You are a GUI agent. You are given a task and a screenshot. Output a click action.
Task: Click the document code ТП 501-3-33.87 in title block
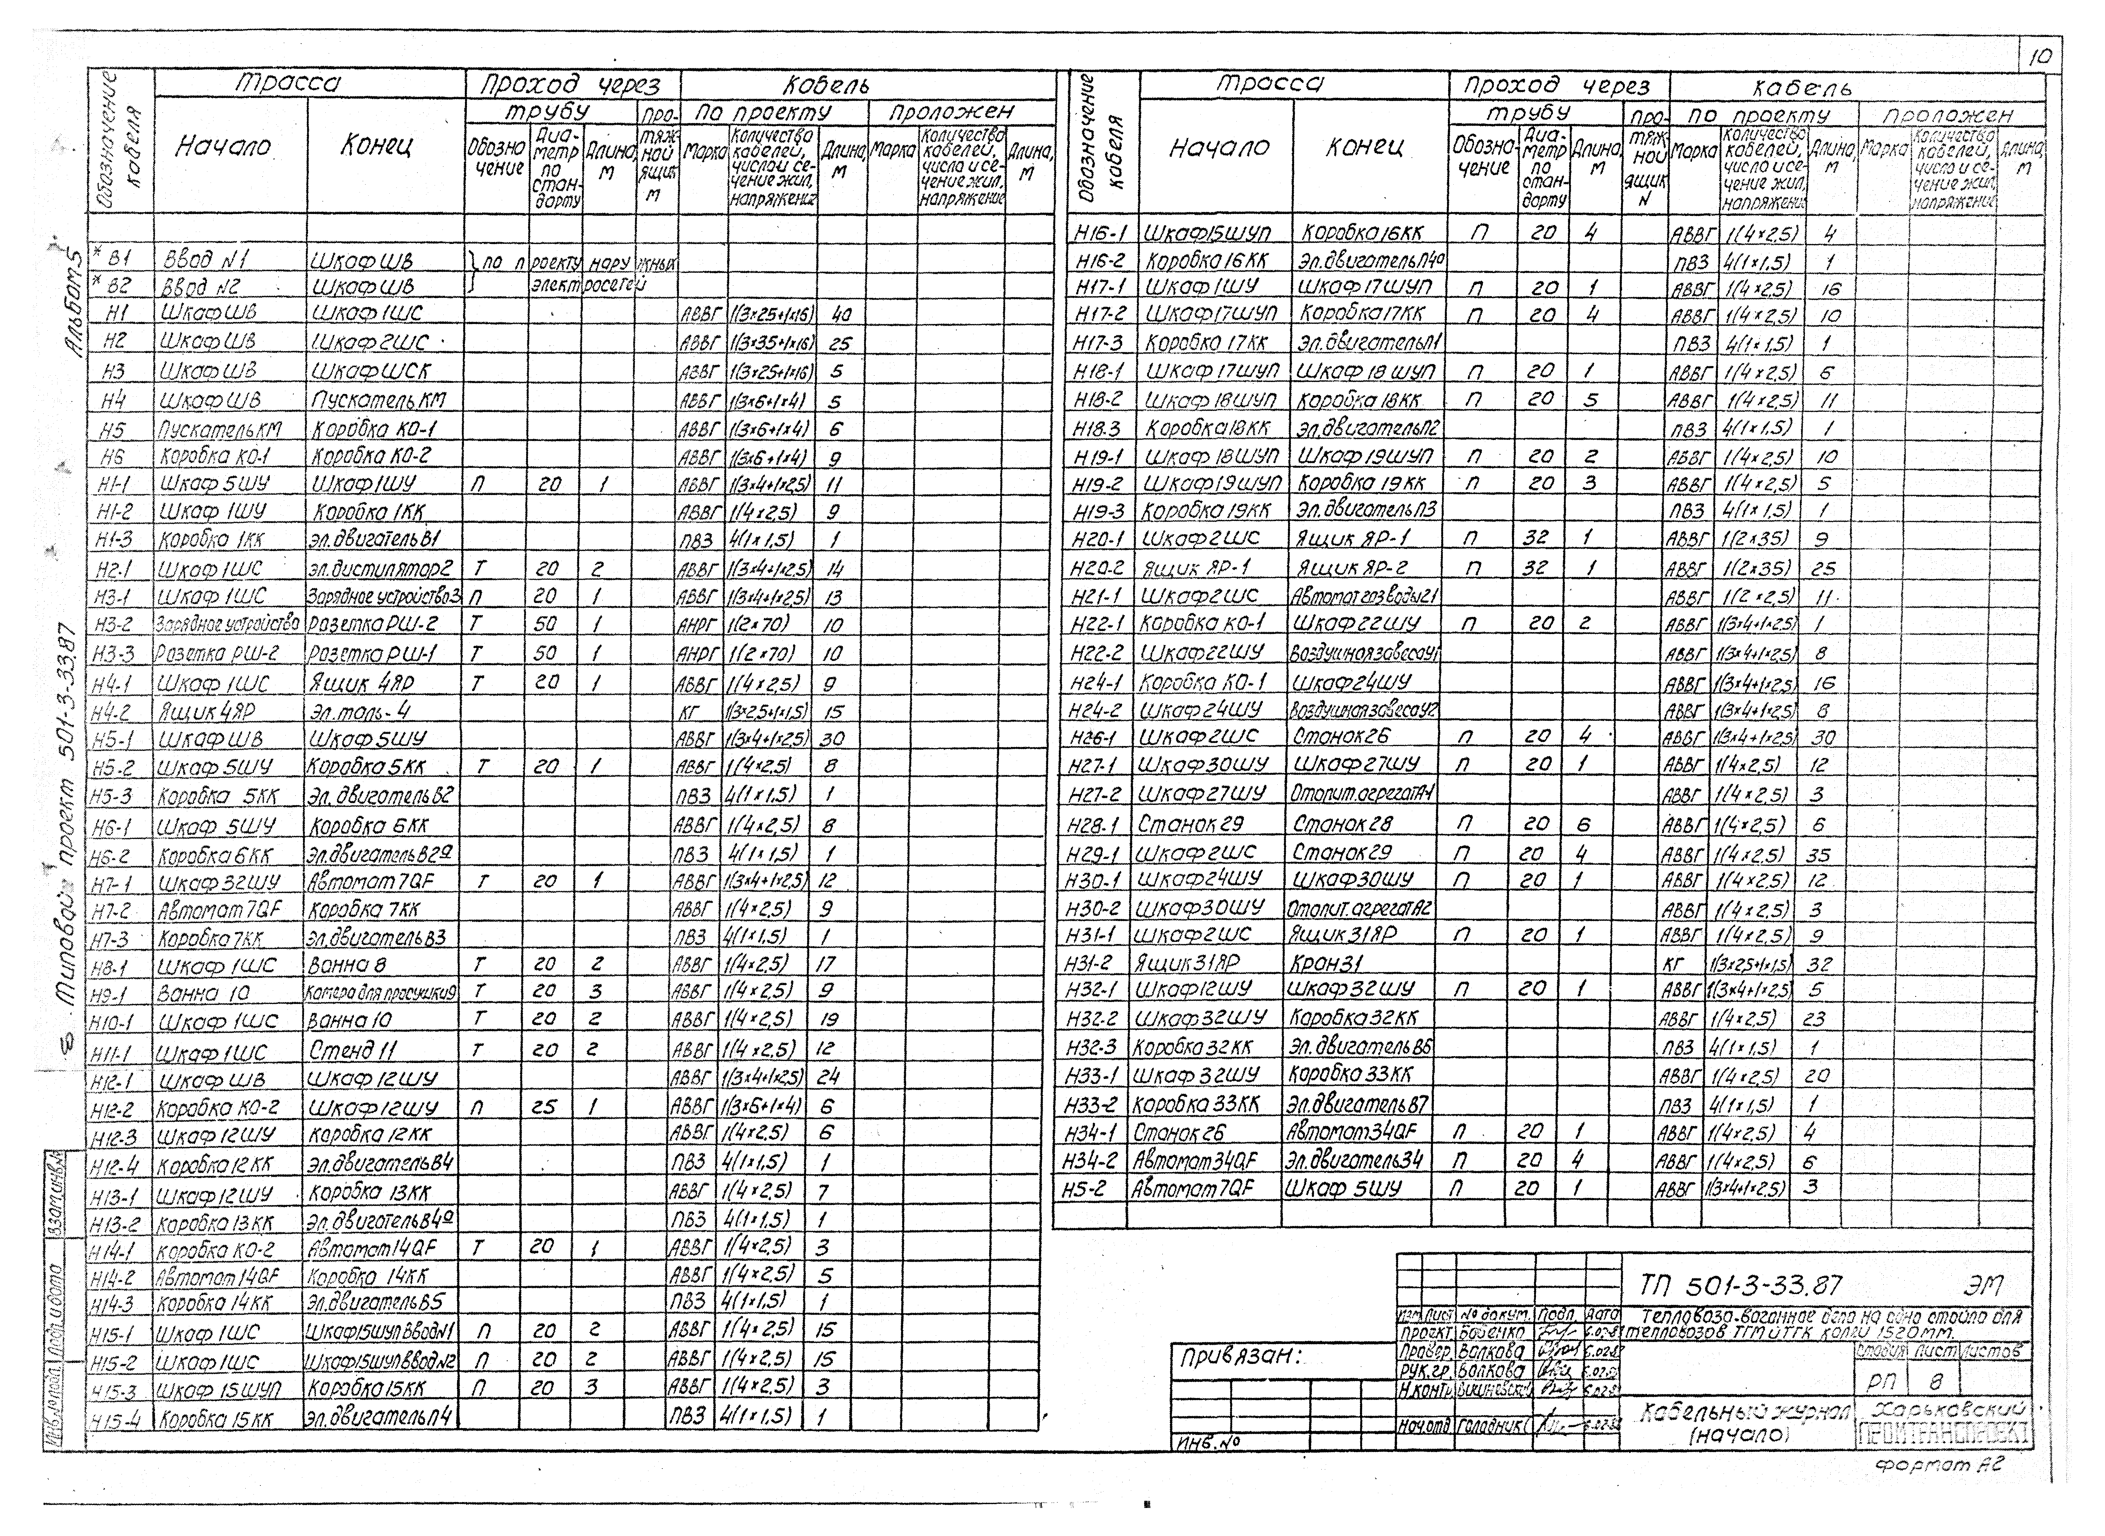[x=1740, y=1286]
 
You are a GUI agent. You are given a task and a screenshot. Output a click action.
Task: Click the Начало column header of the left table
[x=223, y=146]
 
